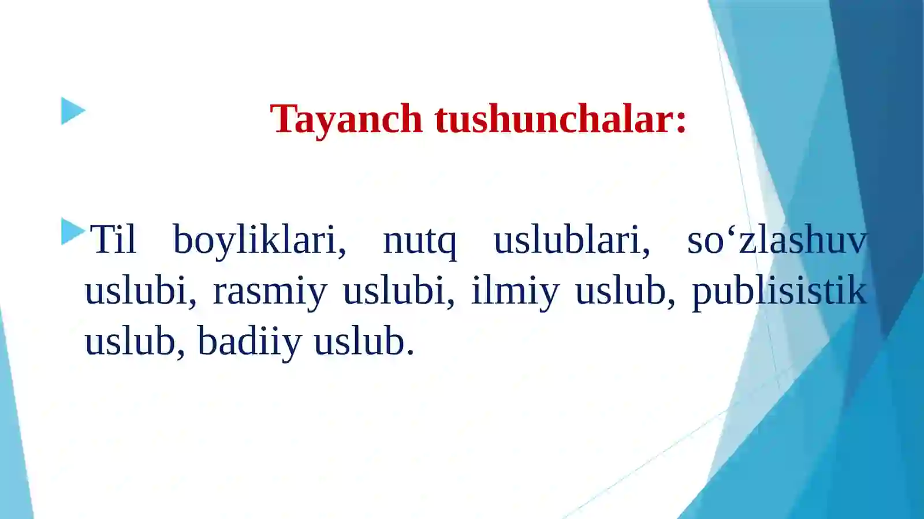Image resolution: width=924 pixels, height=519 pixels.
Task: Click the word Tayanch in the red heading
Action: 346,120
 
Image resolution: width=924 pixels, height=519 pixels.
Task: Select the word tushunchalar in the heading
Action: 554,118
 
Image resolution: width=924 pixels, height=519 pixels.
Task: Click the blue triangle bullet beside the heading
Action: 73,111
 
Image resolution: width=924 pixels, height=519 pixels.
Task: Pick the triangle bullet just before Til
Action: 72,232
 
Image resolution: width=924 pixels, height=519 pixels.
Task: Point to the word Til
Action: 113,239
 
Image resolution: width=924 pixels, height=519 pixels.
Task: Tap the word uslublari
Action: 568,239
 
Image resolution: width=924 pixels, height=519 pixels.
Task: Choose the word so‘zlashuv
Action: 777,239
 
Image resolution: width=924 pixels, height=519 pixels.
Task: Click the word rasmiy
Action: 270,291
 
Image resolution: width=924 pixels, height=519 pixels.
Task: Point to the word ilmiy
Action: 515,291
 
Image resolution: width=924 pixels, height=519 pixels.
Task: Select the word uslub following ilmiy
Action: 620,290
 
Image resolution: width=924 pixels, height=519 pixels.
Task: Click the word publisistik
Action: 779,291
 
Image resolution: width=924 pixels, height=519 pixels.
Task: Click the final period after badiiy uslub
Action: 410,352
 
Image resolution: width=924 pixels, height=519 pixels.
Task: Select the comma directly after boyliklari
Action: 342,252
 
